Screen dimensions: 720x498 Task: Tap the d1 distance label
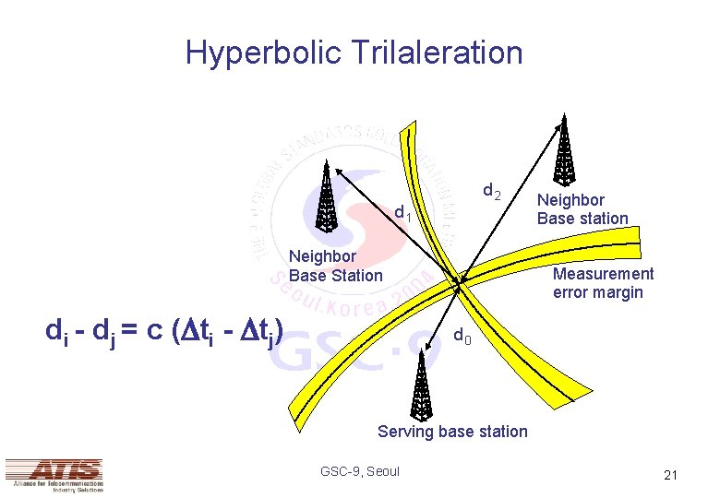tap(402, 214)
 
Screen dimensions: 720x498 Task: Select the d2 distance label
tap(492, 192)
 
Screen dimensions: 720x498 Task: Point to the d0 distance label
tap(463, 337)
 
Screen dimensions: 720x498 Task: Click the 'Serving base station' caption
tap(452, 432)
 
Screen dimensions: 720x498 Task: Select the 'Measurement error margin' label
tap(603, 283)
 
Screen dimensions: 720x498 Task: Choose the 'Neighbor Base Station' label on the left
tap(335, 266)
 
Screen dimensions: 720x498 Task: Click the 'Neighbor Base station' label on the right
tap(582, 209)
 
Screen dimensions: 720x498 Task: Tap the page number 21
tap(670, 475)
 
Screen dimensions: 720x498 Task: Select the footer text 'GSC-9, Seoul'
tap(360, 471)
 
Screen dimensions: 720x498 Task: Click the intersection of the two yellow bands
tap(459, 280)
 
